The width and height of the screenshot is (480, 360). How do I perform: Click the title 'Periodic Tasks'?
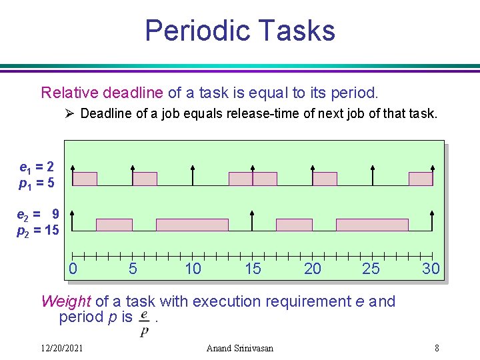click(x=239, y=31)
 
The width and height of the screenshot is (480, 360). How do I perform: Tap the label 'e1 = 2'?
click(x=37, y=167)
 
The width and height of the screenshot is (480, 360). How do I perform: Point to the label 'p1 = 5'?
click(x=37, y=181)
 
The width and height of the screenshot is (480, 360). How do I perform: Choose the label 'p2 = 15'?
click(x=38, y=229)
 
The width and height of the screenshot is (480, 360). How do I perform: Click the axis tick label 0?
click(x=73, y=269)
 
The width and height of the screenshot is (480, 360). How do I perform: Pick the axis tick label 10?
click(x=193, y=269)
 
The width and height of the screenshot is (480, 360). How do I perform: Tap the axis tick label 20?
click(x=312, y=269)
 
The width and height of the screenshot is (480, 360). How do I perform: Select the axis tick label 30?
click(x=431, y=269)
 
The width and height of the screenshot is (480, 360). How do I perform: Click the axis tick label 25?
click(x=371, y=269)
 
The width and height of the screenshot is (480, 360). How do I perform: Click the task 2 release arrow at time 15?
click(x=252, y=220)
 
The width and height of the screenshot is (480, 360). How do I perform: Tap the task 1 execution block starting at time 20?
click(x=325, y=179)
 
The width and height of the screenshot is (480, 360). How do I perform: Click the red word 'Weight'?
click(x=65, y=301)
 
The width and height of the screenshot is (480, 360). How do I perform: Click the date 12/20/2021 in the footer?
click(x=61, y=348)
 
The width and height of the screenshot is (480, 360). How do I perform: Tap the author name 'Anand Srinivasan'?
click(x=240, y=348)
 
